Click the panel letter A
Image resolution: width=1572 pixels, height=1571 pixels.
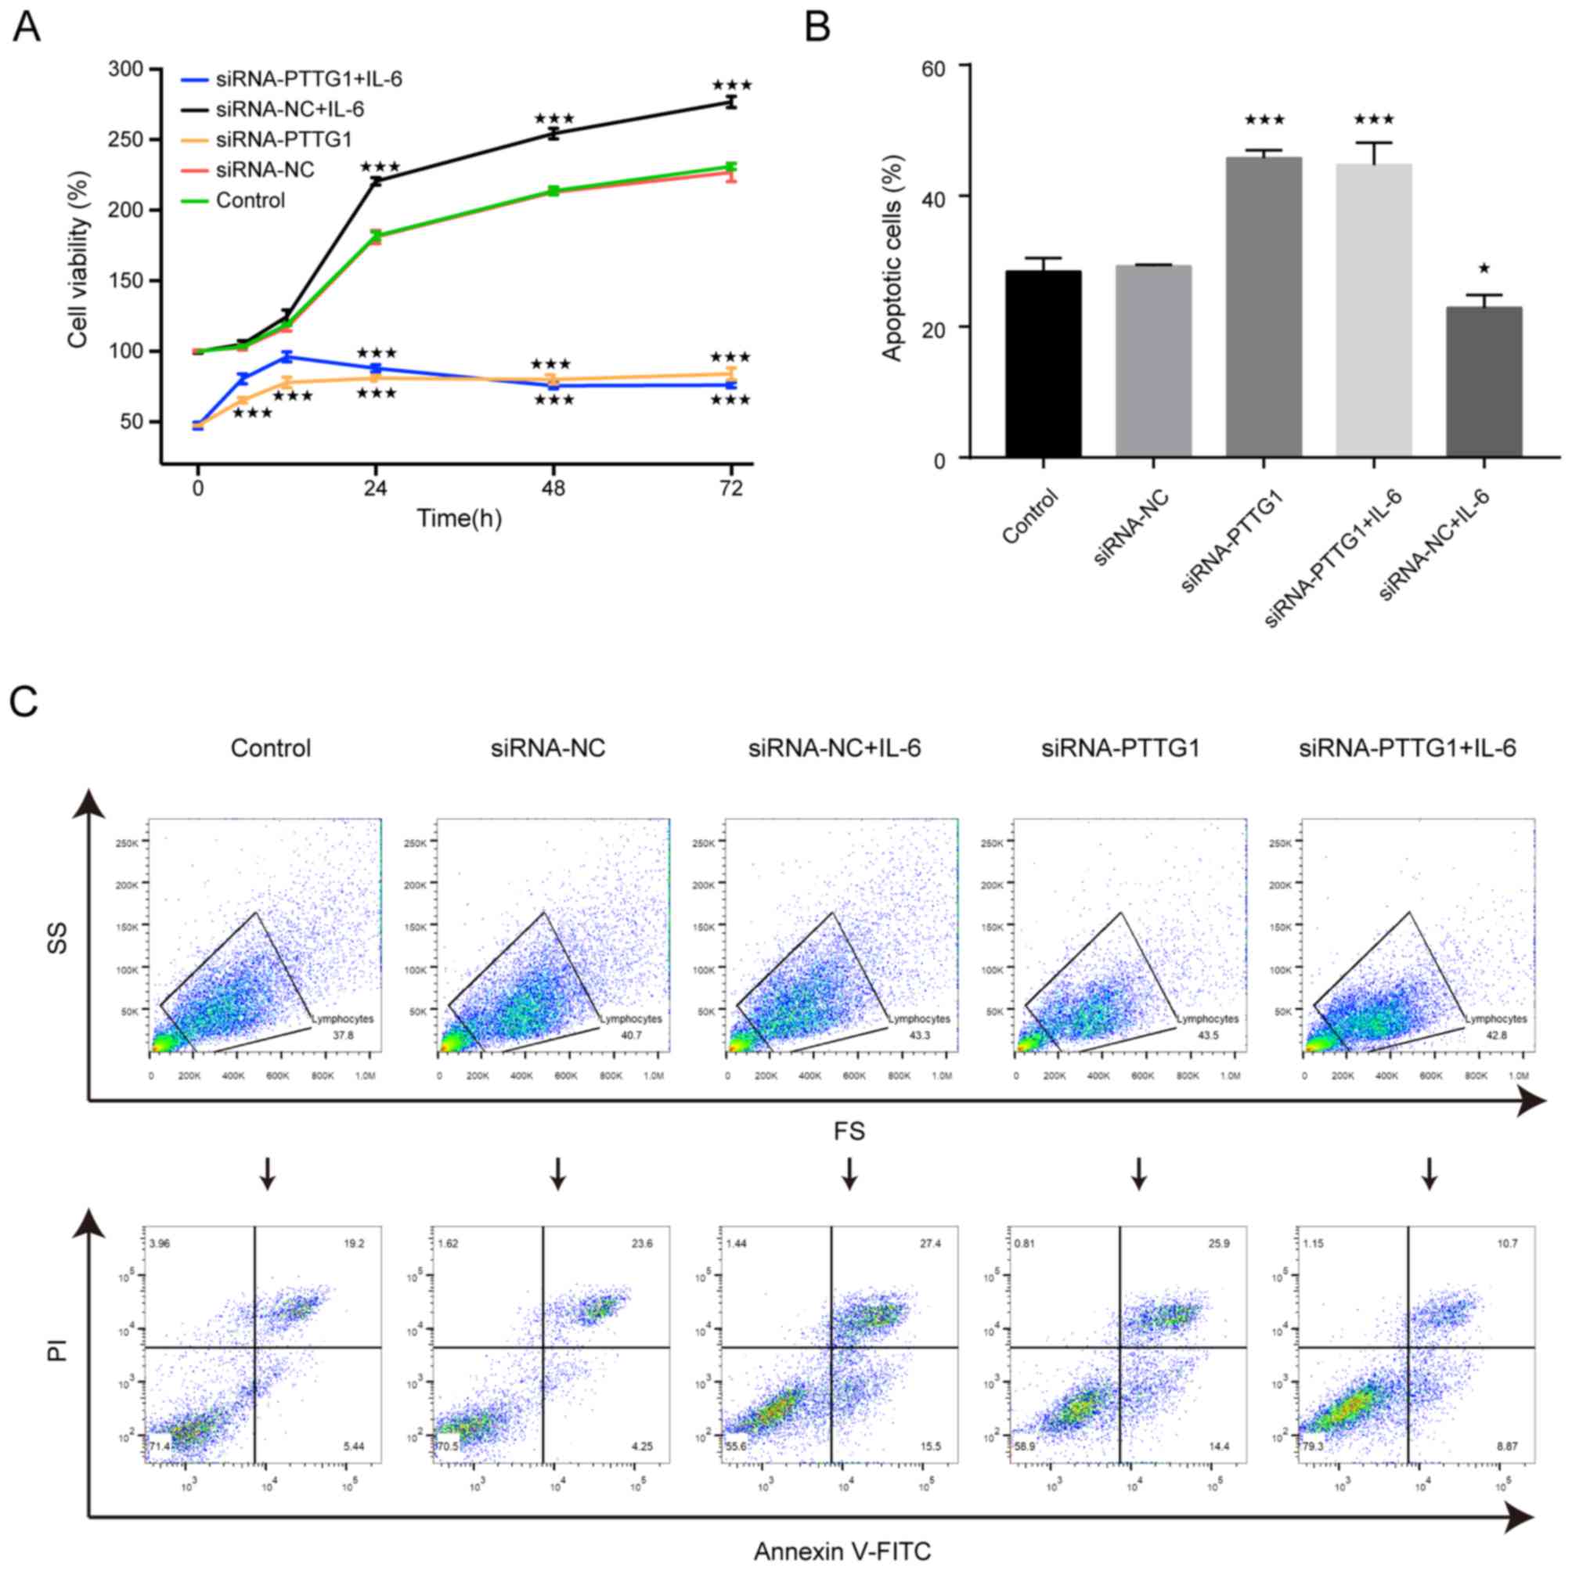tap(26, 27)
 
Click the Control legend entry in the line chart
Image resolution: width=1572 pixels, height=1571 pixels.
tap(251, 200)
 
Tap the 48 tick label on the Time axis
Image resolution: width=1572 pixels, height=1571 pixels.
tap(553, 488)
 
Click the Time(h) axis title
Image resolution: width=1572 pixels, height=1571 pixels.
tap(459, 519)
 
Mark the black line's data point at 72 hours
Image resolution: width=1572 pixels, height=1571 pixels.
tap(730, 103)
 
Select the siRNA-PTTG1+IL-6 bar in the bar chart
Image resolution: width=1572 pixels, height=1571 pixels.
tap(1374, 310)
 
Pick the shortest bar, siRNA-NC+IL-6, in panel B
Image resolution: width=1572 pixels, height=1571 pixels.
tap(1484, 381)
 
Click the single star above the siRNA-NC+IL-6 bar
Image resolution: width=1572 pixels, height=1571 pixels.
tap(1484, 268)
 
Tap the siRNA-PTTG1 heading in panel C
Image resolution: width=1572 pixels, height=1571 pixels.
tap(1120, 748)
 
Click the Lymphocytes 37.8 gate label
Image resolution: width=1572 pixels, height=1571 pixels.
tap(343, 1027)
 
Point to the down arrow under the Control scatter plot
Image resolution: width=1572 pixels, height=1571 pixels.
tap(268, 1173)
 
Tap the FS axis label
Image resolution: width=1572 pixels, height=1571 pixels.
tap(848, 1131)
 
